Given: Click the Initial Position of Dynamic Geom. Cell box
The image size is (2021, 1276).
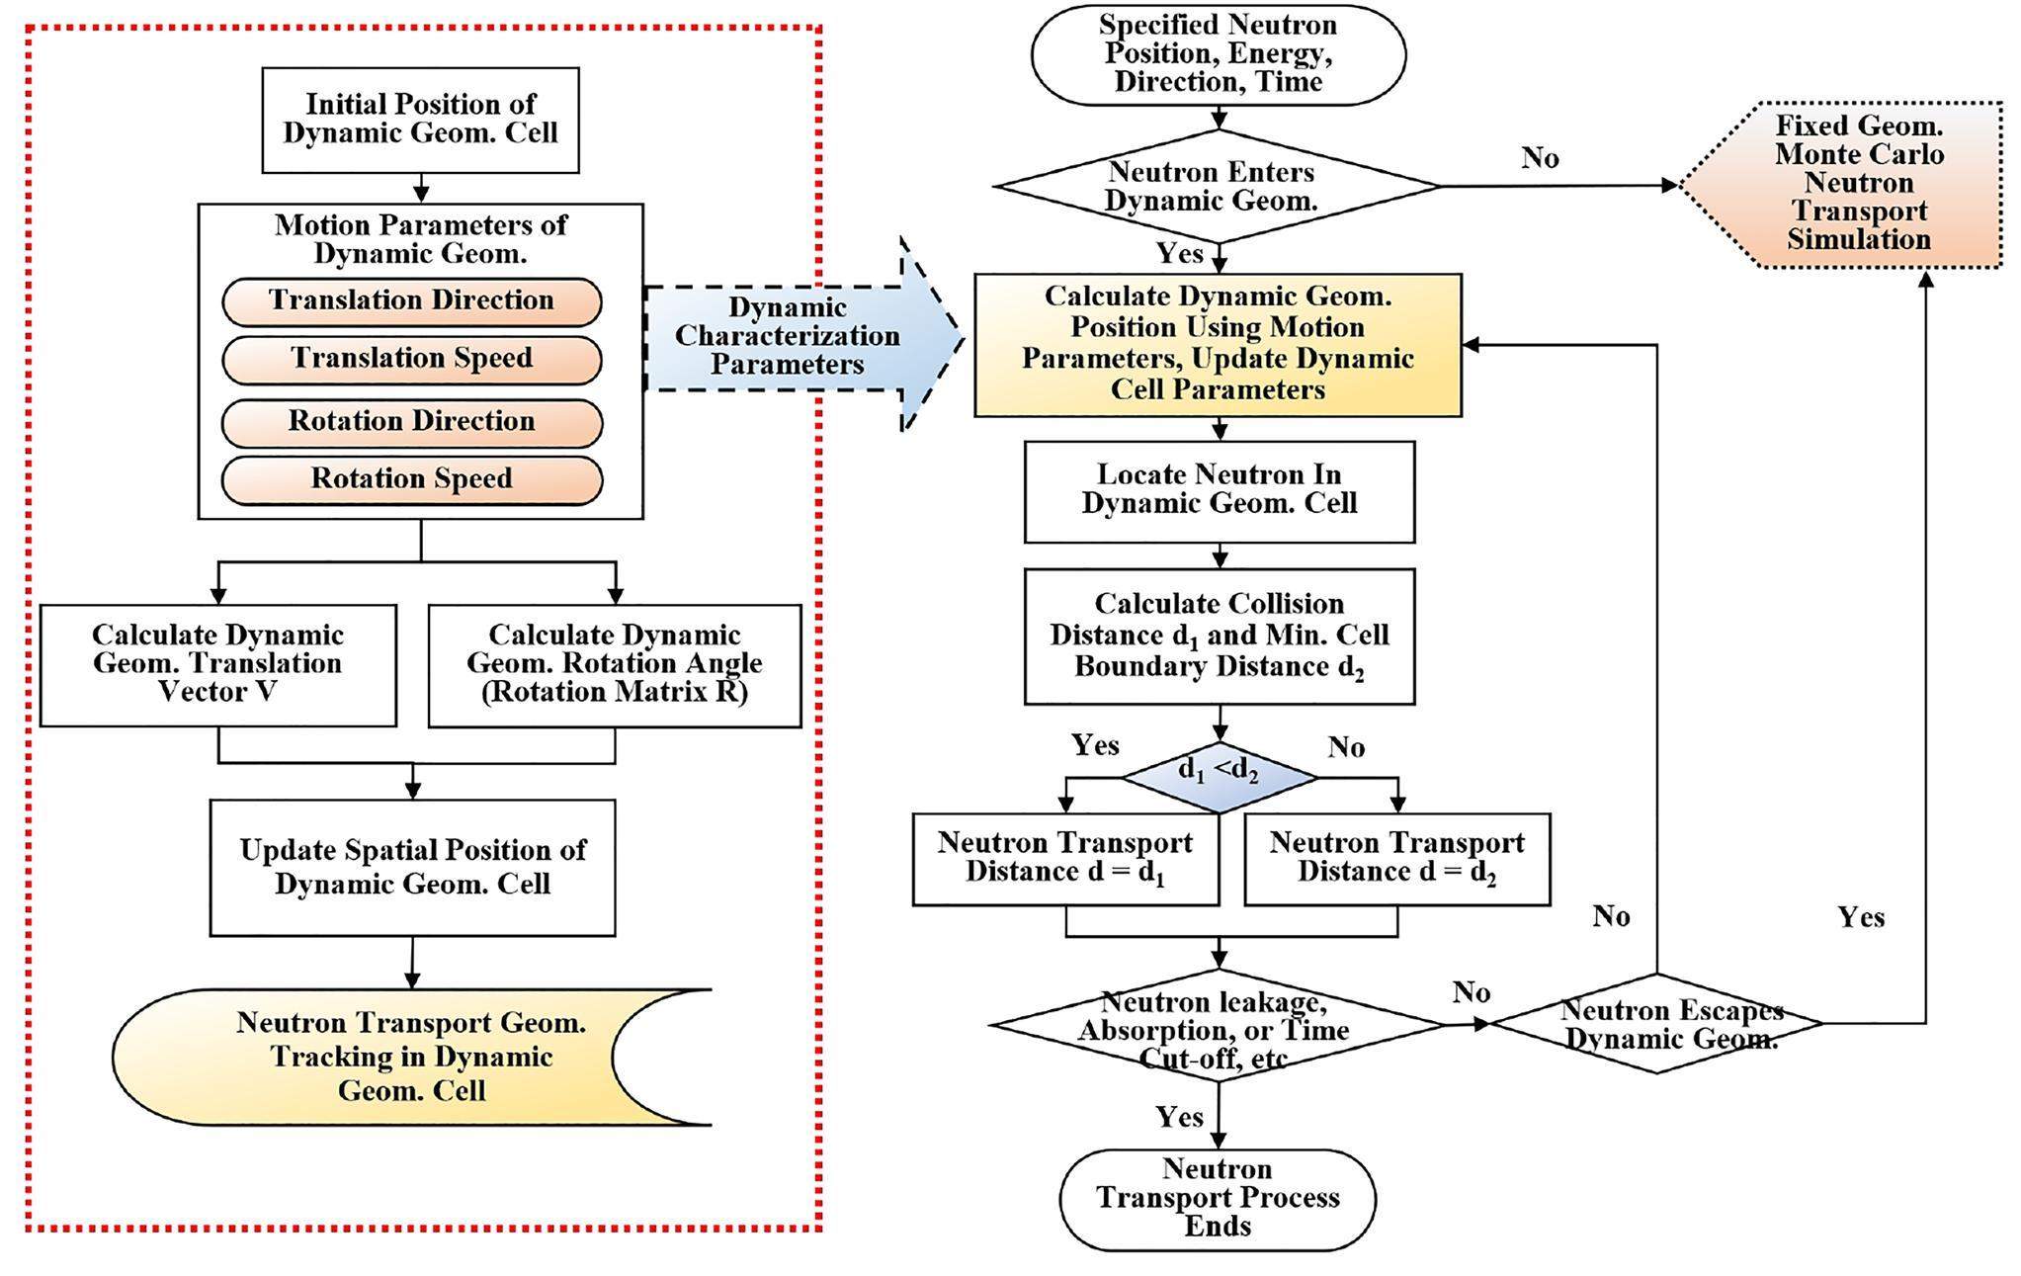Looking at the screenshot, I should [x=420, y=120].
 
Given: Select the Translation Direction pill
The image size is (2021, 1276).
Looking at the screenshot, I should [x=411, y=301].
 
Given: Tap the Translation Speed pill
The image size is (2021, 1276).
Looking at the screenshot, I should [x=411, y=359].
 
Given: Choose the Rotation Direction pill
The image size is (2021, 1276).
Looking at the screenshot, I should [x=411, y=422].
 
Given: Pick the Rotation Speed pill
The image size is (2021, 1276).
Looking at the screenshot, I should [x=411, y=479].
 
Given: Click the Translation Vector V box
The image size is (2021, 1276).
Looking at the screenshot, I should [x=217, y=664].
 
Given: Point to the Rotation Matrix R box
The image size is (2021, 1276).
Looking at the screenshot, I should [x=615, y=664].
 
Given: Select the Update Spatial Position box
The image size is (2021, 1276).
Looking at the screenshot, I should [x=412, y=867].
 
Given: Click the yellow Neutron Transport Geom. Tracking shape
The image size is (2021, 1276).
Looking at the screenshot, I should [x=395, y=1057].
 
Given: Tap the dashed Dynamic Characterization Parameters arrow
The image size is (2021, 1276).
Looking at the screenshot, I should [x=791, y=337].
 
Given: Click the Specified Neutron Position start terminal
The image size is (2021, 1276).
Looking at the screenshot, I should [x=1218, y=54].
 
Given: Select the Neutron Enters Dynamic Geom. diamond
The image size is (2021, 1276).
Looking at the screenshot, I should [x=1216, y=186].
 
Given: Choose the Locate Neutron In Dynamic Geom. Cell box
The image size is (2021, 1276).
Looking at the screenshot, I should [x=1219, y=490].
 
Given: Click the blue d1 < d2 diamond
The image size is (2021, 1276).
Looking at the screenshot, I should [x=1219, y=776].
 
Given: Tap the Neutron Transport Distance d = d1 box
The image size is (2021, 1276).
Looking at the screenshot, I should [x=1064, y=858].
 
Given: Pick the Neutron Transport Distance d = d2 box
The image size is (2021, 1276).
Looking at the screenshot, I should [x=1396, y=858].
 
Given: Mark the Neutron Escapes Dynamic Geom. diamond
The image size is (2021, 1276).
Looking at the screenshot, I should [x=1657, y=1024].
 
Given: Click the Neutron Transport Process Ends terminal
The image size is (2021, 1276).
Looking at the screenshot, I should [x=1218, y=1198].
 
